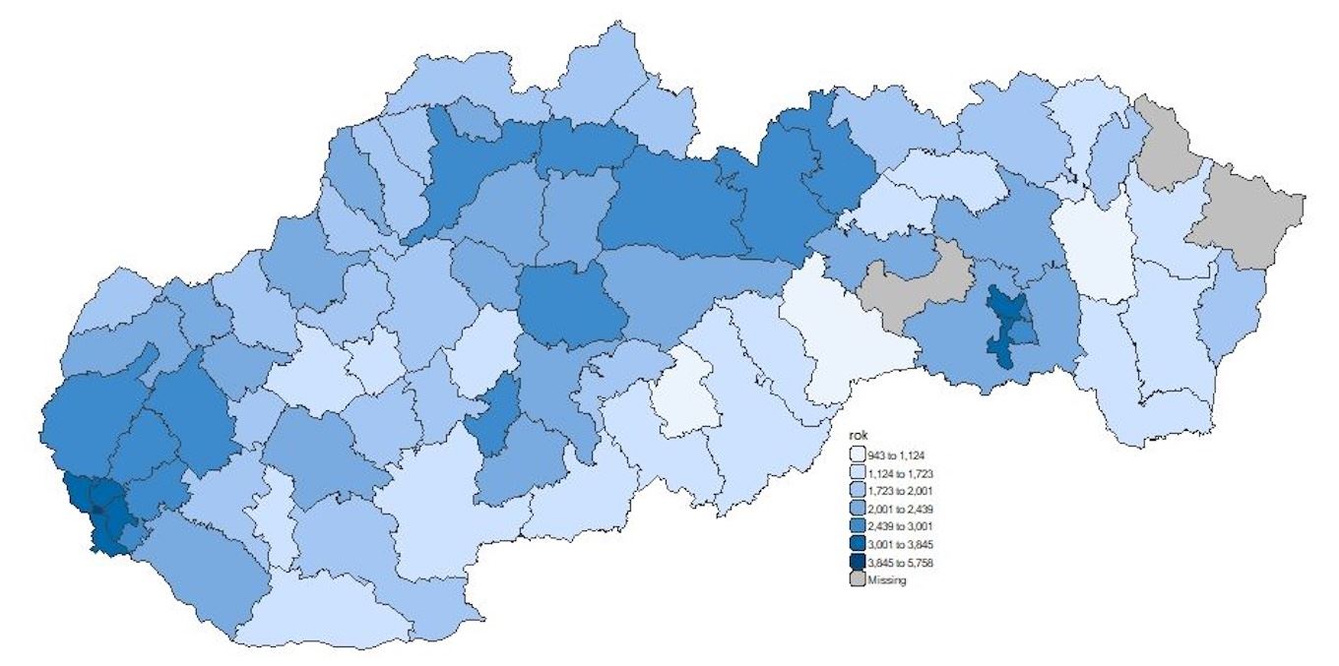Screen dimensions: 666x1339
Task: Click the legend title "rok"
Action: point(860,437)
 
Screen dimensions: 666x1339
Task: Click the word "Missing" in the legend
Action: point(887,580)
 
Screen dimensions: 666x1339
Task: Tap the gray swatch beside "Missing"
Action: point(860,580)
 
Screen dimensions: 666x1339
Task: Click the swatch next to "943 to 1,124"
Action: point(860,454)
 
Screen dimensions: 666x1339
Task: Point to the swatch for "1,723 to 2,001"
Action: point(860,490)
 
